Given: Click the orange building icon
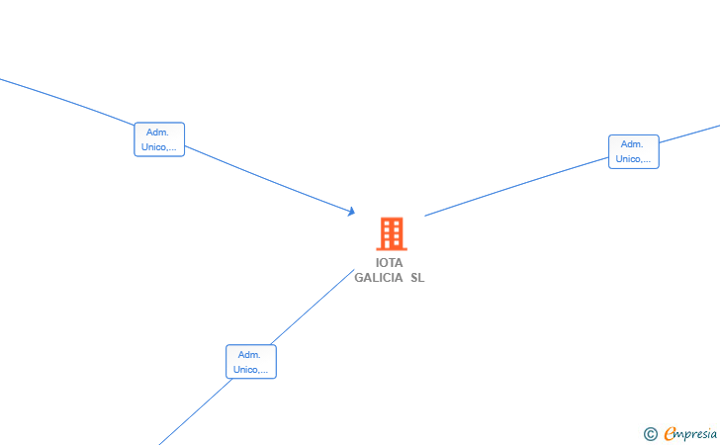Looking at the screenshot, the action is [392, 233].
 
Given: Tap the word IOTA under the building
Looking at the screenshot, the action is [390, 263].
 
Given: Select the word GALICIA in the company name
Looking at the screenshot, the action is [379, 278].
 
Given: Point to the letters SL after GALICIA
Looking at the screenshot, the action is [417, 278].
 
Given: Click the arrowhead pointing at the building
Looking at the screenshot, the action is [351, 211].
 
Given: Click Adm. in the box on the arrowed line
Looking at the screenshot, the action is [158, 133].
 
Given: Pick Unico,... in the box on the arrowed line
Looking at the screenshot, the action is [158, 147].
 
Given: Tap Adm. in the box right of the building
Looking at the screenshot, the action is [633, 144].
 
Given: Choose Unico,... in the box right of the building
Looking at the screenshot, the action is [633, 159].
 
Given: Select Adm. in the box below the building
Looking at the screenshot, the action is [250, 355].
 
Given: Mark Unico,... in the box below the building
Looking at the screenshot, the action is [250, 370].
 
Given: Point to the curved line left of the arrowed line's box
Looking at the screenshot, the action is [69, 100].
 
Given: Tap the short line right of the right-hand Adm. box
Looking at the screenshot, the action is [690, 136].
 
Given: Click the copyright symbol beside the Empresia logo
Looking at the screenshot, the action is [650, 433].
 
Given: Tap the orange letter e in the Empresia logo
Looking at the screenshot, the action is [670, 433].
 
